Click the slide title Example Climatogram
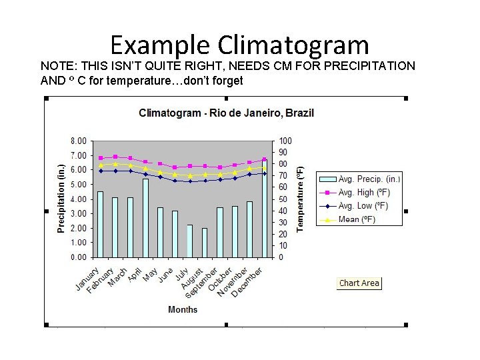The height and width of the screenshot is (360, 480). point(239,45)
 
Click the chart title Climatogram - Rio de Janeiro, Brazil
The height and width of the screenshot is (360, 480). point(226,113)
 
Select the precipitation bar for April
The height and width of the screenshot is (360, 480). point(145,217)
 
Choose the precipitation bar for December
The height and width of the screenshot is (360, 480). point(265,209)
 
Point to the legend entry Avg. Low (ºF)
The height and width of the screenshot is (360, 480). point(363,205)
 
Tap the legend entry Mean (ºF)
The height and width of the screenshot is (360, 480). point(357,219)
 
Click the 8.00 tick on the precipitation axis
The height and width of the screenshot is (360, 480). point(78,141)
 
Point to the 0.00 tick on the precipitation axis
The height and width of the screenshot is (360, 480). point(78,257)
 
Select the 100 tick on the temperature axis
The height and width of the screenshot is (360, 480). point(285,141)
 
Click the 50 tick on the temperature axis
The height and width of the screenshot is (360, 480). point(283,199)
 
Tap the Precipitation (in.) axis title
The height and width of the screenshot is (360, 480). point(61,199)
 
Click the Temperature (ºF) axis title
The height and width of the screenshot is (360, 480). point(301,199)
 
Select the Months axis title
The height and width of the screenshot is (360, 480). point(183,309)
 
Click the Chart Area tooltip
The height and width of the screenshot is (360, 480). point(359,283)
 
